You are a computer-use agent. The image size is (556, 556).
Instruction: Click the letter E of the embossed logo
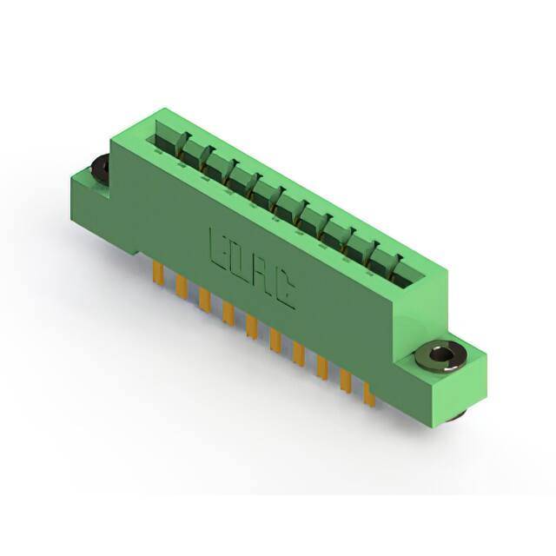click(x=218, y=248)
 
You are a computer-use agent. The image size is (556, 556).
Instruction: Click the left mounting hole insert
click(x=99, y=168)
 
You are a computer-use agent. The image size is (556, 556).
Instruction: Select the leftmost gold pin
click(x=160, y=274)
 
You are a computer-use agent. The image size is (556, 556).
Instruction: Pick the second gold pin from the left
click(x=182, y=287)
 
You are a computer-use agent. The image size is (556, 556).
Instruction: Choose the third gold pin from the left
click(x=206, y=300)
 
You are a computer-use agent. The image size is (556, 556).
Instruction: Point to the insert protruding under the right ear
click(x=453, y=416)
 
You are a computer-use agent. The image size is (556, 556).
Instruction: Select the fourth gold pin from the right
click(x=300, y=354)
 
